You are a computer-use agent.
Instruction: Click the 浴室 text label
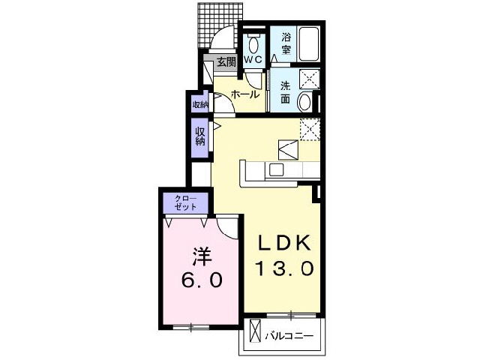(x=286, y=43)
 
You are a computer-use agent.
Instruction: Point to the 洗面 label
(x=286, y=91)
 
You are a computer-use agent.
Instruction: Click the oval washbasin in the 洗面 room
(x=304, y=103)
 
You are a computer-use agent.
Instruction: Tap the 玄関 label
(x=226, y=63)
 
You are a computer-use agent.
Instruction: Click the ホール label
(x=245, y=94)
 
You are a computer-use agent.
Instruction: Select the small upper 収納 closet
(x=199, y=104)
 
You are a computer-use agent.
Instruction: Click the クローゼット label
(x=185, y=202)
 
